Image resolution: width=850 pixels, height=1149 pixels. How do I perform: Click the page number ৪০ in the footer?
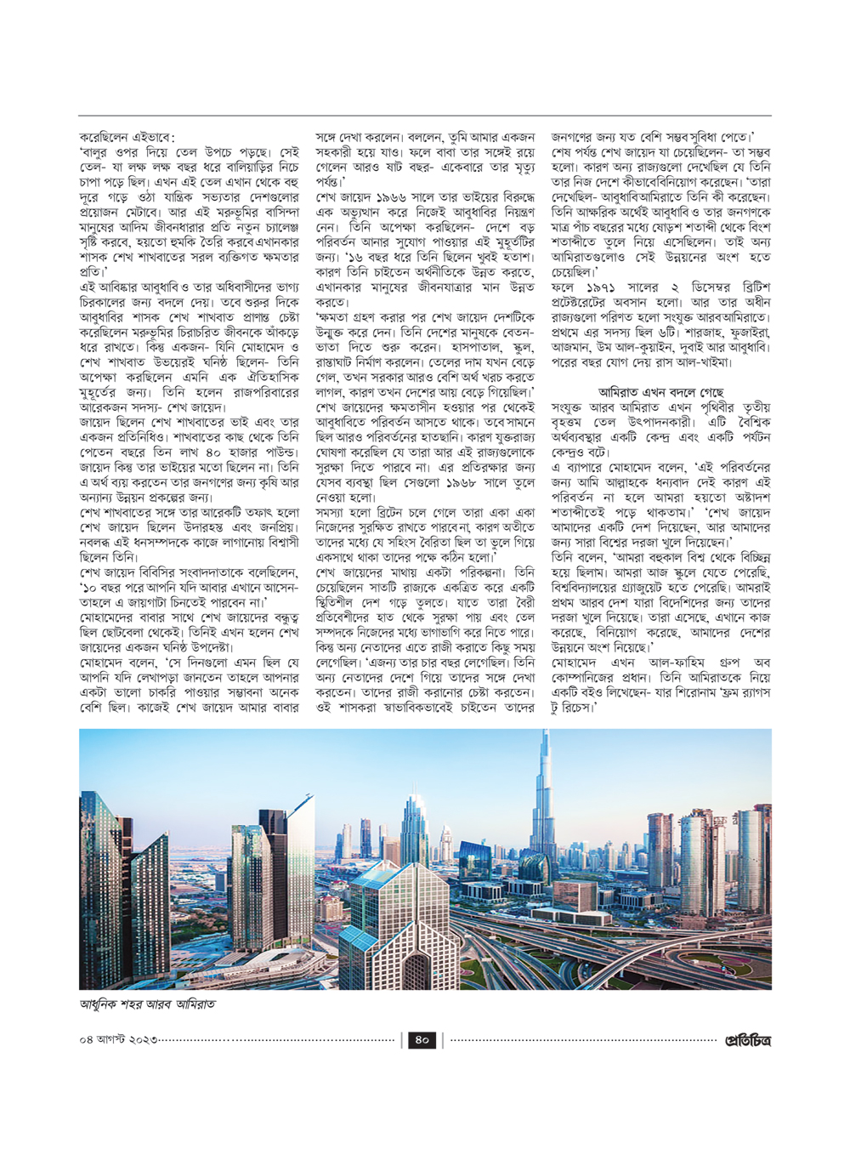(x=422, y=1039)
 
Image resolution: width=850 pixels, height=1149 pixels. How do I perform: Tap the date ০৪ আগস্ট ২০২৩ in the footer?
(x=118, y=1040)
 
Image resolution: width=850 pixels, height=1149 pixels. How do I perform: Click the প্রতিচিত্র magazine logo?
(x=747, y=1039)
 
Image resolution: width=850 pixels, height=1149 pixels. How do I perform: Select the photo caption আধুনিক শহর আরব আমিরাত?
(x=147, y=1004)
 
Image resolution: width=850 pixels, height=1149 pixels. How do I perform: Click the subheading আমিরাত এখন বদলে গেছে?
(x=660, y=392)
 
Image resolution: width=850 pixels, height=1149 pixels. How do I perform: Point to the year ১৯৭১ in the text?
(x=602, y=287)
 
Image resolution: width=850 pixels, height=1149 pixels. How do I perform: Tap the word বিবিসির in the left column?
(x=173, y=572)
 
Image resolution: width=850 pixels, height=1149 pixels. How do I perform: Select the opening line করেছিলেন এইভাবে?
(x=127, y=137)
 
